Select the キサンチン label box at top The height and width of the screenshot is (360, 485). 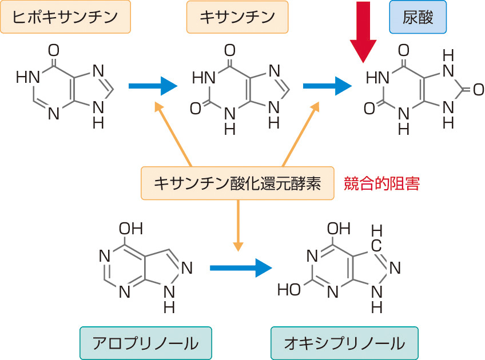(237, 18)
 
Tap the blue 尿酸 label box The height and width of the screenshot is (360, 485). (418, 18)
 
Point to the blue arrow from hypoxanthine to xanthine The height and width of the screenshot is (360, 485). (152, 86)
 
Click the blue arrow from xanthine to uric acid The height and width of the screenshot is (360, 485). (326, 86)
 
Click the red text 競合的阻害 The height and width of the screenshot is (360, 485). (382, 183)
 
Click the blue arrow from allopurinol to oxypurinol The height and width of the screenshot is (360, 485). (240, 267)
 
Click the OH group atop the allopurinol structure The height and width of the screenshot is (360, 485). (130, 229)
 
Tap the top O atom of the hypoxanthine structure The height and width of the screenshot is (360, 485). (54, 49)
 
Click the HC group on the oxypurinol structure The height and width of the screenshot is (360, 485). (377, 239)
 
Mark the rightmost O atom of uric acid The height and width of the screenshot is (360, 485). (478, 89)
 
